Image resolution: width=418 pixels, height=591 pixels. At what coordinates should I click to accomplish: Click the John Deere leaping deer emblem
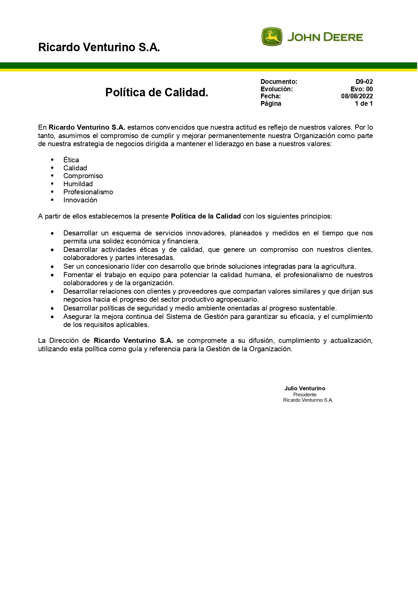click(x=272, y=37)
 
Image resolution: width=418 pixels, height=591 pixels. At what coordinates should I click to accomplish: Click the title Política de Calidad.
click(x=157, y=92)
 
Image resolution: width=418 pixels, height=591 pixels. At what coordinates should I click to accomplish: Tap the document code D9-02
click(x=364, y=82)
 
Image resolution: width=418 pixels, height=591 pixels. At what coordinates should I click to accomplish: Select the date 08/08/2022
click(x=357, y=96)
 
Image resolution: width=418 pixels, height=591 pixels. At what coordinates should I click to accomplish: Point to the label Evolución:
click(x=276, y=89)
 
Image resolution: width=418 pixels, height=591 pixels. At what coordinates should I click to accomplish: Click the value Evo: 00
click(x=361, y=89)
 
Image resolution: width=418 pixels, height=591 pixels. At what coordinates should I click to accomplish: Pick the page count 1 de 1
click(x=364, y=104)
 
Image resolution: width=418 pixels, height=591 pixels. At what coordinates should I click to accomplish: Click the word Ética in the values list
click(x=71, y=160)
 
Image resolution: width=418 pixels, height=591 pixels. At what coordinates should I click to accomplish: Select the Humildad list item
click(x=78, y=184)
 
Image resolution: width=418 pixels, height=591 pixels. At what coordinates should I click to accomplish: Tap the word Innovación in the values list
click(x=80, y=200)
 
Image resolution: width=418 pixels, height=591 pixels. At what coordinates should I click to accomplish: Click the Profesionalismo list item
click(x=88, y=192)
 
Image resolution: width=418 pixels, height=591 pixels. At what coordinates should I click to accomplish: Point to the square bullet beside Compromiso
click(x=52, y=176)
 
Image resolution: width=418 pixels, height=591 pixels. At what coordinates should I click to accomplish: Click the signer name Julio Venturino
click(x=305, y=389)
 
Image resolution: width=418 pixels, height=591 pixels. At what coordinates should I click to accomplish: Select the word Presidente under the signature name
click(x=305, y=395)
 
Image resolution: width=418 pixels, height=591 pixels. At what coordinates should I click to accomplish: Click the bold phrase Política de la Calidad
click(x=206, y=216)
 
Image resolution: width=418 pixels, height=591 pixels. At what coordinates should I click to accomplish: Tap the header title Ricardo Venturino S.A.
click(x=99, y=47)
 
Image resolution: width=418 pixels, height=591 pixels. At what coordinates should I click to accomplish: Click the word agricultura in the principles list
click(x=337, y=266)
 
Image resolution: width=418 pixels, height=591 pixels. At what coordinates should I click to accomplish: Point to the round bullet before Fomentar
click(x=52, y=275)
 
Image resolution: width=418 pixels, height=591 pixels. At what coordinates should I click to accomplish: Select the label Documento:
click(x=279, y=82)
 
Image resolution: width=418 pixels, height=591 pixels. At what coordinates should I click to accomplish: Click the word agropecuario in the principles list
click(x=237, y=299)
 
